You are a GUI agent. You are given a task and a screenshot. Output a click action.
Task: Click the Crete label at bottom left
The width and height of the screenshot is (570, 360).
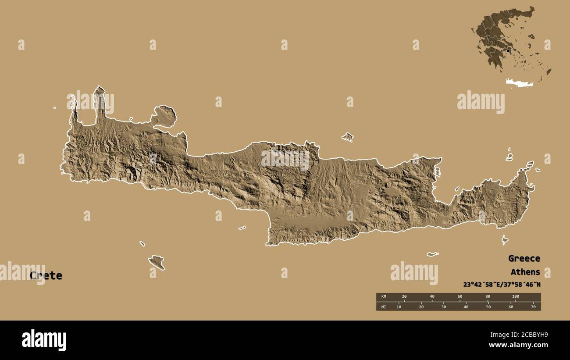(46, 276)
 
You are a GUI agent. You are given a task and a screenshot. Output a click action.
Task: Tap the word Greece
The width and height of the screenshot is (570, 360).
(524, 258)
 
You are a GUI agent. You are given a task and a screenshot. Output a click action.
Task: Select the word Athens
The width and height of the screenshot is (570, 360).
(525, 272)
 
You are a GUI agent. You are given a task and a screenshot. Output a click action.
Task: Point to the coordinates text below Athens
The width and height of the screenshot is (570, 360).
(502, 284)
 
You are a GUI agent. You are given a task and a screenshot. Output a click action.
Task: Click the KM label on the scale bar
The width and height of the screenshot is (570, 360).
(383, 297)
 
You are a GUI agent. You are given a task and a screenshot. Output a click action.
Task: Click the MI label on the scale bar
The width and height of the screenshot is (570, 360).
(383, 307)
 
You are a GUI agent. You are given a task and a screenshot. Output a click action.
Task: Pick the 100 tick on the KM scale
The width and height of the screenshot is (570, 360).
(515, 297)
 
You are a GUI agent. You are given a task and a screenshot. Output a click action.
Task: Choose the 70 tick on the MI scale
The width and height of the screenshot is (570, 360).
(533, 307)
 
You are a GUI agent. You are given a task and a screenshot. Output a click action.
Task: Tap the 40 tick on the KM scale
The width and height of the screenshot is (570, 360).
(432, 297)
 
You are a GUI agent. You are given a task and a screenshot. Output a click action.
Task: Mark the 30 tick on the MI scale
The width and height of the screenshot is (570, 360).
(443, 307)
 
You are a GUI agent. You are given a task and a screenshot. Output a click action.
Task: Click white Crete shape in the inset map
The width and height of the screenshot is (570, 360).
(520, 82)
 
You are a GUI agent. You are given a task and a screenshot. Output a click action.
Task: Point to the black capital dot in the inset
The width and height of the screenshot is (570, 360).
(508, 51)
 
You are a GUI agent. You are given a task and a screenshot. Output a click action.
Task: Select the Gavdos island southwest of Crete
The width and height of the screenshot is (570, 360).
(157, 262)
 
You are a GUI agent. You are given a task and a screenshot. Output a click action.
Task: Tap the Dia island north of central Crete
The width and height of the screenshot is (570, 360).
(348, 137)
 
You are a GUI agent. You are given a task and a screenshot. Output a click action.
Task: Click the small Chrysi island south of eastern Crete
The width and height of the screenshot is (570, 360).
(433, 254)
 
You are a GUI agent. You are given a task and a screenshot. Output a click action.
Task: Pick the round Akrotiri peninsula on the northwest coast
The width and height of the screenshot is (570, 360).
(164, 116)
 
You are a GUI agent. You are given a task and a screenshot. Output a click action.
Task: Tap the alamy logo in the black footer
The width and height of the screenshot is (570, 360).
(44, 340)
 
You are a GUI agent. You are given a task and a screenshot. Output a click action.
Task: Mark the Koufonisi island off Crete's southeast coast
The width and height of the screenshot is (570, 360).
(505, 239)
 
